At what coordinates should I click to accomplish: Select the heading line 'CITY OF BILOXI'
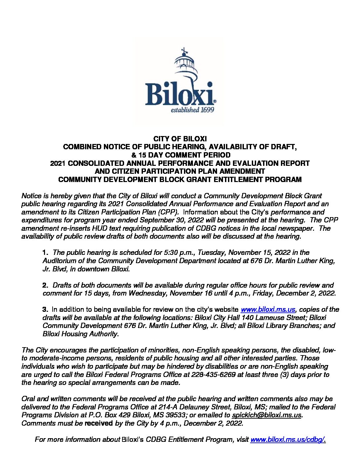pyautogui.click(x=180, y=139)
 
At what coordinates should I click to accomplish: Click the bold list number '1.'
pyautogui.click(x=46, y=253)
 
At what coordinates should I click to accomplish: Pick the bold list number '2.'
pyautogui.click(x=46, y=285)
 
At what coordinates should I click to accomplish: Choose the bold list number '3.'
pyautogui.click(x=46, y=309)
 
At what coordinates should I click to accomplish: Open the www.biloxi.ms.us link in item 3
pyautogui.click(x=268, y=309)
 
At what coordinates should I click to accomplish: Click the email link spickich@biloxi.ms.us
pyautogui.click(x=267, y=415)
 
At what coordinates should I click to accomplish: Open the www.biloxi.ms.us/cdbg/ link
pyautogui.click(x=288, y=440)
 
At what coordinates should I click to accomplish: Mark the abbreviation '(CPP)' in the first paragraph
pyautogui.click(x=169, y=212)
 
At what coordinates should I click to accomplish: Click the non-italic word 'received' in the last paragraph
pyautogui.click(x=99, y=423)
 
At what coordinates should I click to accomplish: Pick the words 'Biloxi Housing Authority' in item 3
pyautogui.click(x=80, y=334)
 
